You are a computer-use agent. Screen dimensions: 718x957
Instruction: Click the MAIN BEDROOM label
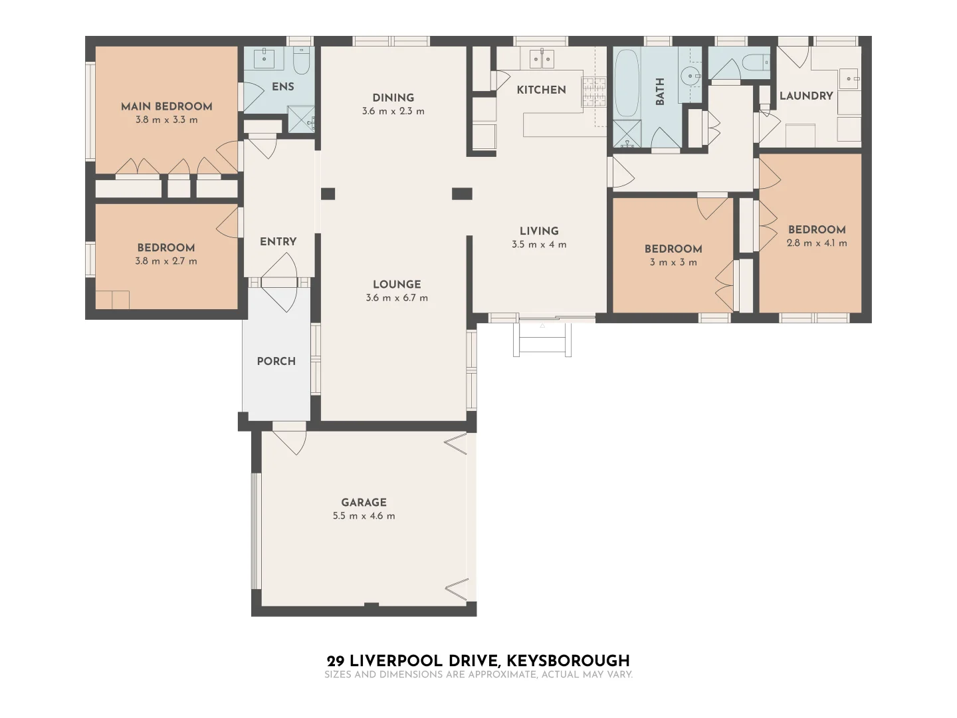[166, 106]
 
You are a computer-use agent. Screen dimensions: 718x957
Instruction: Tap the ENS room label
[282, 86]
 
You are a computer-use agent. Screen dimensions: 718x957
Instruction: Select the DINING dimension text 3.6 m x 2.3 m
[393, 112]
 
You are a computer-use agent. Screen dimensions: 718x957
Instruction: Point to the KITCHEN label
[541, 90]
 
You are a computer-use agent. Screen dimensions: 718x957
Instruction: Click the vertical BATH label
[660, 92]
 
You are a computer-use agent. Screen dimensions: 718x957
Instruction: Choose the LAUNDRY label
[805, 96]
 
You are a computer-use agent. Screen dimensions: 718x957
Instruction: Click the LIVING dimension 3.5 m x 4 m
[539, 245]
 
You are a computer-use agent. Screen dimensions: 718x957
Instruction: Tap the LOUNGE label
[397, 285]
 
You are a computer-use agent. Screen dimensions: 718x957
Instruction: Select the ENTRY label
[278, 241]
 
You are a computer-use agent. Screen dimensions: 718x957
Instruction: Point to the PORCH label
[276, 361]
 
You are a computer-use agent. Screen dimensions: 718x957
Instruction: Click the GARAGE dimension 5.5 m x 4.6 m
[364, 516]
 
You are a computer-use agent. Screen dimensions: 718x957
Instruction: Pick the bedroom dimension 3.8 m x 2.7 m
[166, 261]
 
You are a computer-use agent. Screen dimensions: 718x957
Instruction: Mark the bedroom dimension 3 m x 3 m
[673, 263]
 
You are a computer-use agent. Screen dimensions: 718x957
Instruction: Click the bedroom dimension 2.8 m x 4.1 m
[817, 243]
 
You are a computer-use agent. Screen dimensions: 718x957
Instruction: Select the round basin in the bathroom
[692, 76]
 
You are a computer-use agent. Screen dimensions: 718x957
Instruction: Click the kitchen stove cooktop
[594, 92]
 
